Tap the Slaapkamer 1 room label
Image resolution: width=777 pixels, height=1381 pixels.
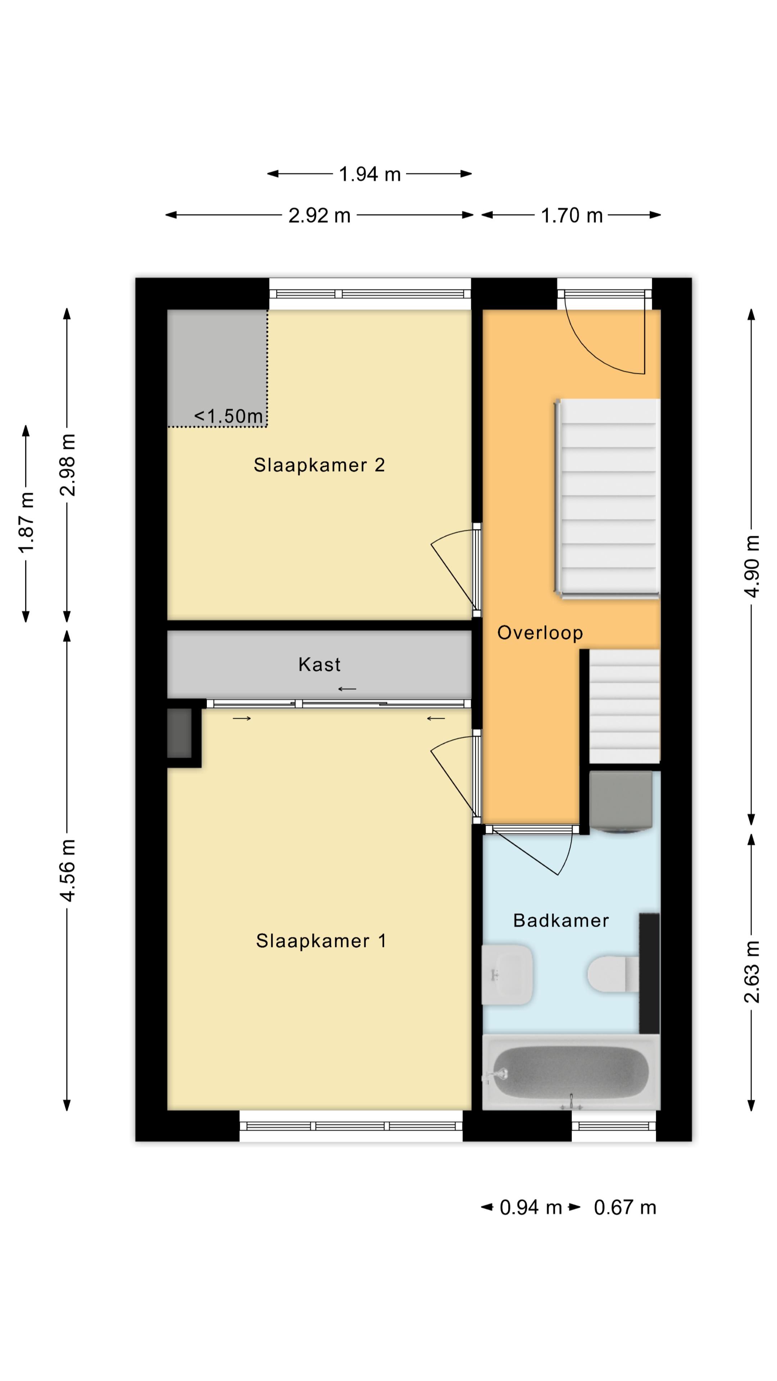click(x=321, y=941)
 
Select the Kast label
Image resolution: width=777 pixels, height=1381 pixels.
click(x=319, y=665)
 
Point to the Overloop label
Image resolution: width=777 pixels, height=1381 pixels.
click(x=540, y=633)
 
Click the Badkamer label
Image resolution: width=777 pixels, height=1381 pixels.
click(x=560, y=921)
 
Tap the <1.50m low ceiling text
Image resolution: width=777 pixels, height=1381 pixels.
click(x=228, y=416)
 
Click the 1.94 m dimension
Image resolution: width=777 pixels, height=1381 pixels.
click(x=369, y=174)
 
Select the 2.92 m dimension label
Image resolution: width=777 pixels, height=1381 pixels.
click(x=319, y=215)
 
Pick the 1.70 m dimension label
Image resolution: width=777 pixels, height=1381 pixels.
click(x=571, y=215)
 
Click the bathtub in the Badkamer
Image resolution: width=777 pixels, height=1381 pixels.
click(x=571, y=1072)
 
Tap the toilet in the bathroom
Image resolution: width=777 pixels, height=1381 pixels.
click(x=611, y=974)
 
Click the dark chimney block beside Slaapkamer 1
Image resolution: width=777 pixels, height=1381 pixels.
click(x=179, y=733)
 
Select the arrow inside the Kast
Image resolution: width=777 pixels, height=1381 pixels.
click(x=347, y=689)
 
